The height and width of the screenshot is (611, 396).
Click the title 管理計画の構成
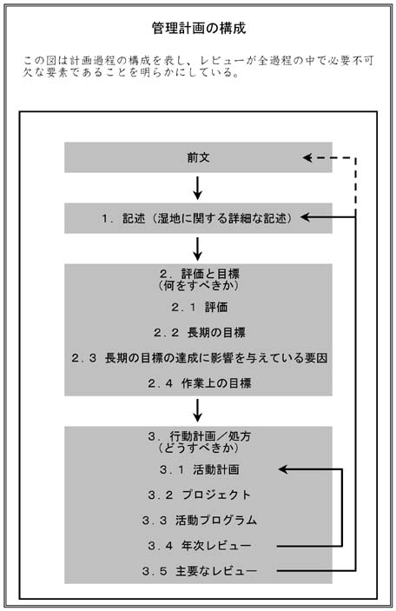pos(198,28)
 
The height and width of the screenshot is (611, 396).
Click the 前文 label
pos(198,158)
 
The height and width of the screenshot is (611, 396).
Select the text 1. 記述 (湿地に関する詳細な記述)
pos(198,217)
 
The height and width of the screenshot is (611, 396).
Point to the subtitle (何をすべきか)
pos(198,285)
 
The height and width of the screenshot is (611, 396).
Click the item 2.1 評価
pos(198,307)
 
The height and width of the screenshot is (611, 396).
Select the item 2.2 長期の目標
pos(198,332)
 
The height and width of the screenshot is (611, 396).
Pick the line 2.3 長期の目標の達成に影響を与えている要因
pos(198,357)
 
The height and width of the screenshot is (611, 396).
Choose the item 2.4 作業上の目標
pos(198,382)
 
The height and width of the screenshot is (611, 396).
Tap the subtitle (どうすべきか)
pos(198,450)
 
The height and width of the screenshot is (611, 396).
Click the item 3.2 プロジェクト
pos(198,495)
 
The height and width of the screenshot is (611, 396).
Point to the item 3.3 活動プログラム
pos(198,521)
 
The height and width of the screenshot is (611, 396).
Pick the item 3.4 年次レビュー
pos(198,546)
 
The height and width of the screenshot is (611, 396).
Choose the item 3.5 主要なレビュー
pos(198,571)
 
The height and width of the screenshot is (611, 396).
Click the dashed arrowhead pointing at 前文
pos(307,158)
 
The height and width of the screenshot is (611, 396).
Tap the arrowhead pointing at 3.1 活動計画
pos(284,470)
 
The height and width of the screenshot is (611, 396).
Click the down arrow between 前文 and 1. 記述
pos(198,187)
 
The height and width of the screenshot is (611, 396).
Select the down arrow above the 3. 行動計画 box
pos(198,408)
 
